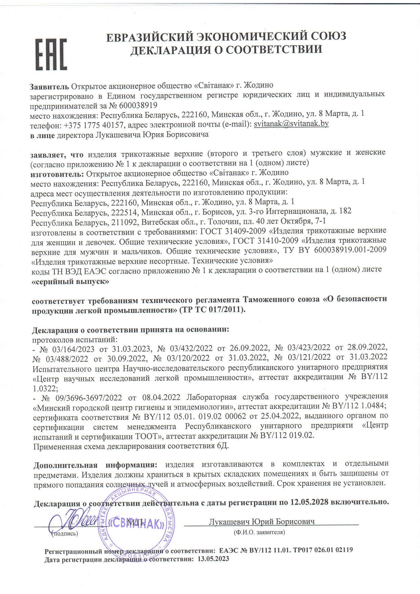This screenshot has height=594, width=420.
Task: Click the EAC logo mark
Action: [x=52, y=54]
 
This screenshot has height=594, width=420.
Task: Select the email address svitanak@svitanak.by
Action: [x=291, y=124]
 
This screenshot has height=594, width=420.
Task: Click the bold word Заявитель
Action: [x=49, y=85]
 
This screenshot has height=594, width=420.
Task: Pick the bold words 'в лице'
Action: [x=42, y=135]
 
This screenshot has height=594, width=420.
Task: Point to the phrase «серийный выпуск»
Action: [x=70, y=281]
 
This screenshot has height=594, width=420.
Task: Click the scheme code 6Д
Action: [x=222, y=446]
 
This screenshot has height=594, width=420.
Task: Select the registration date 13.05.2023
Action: [x=213, y=559]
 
